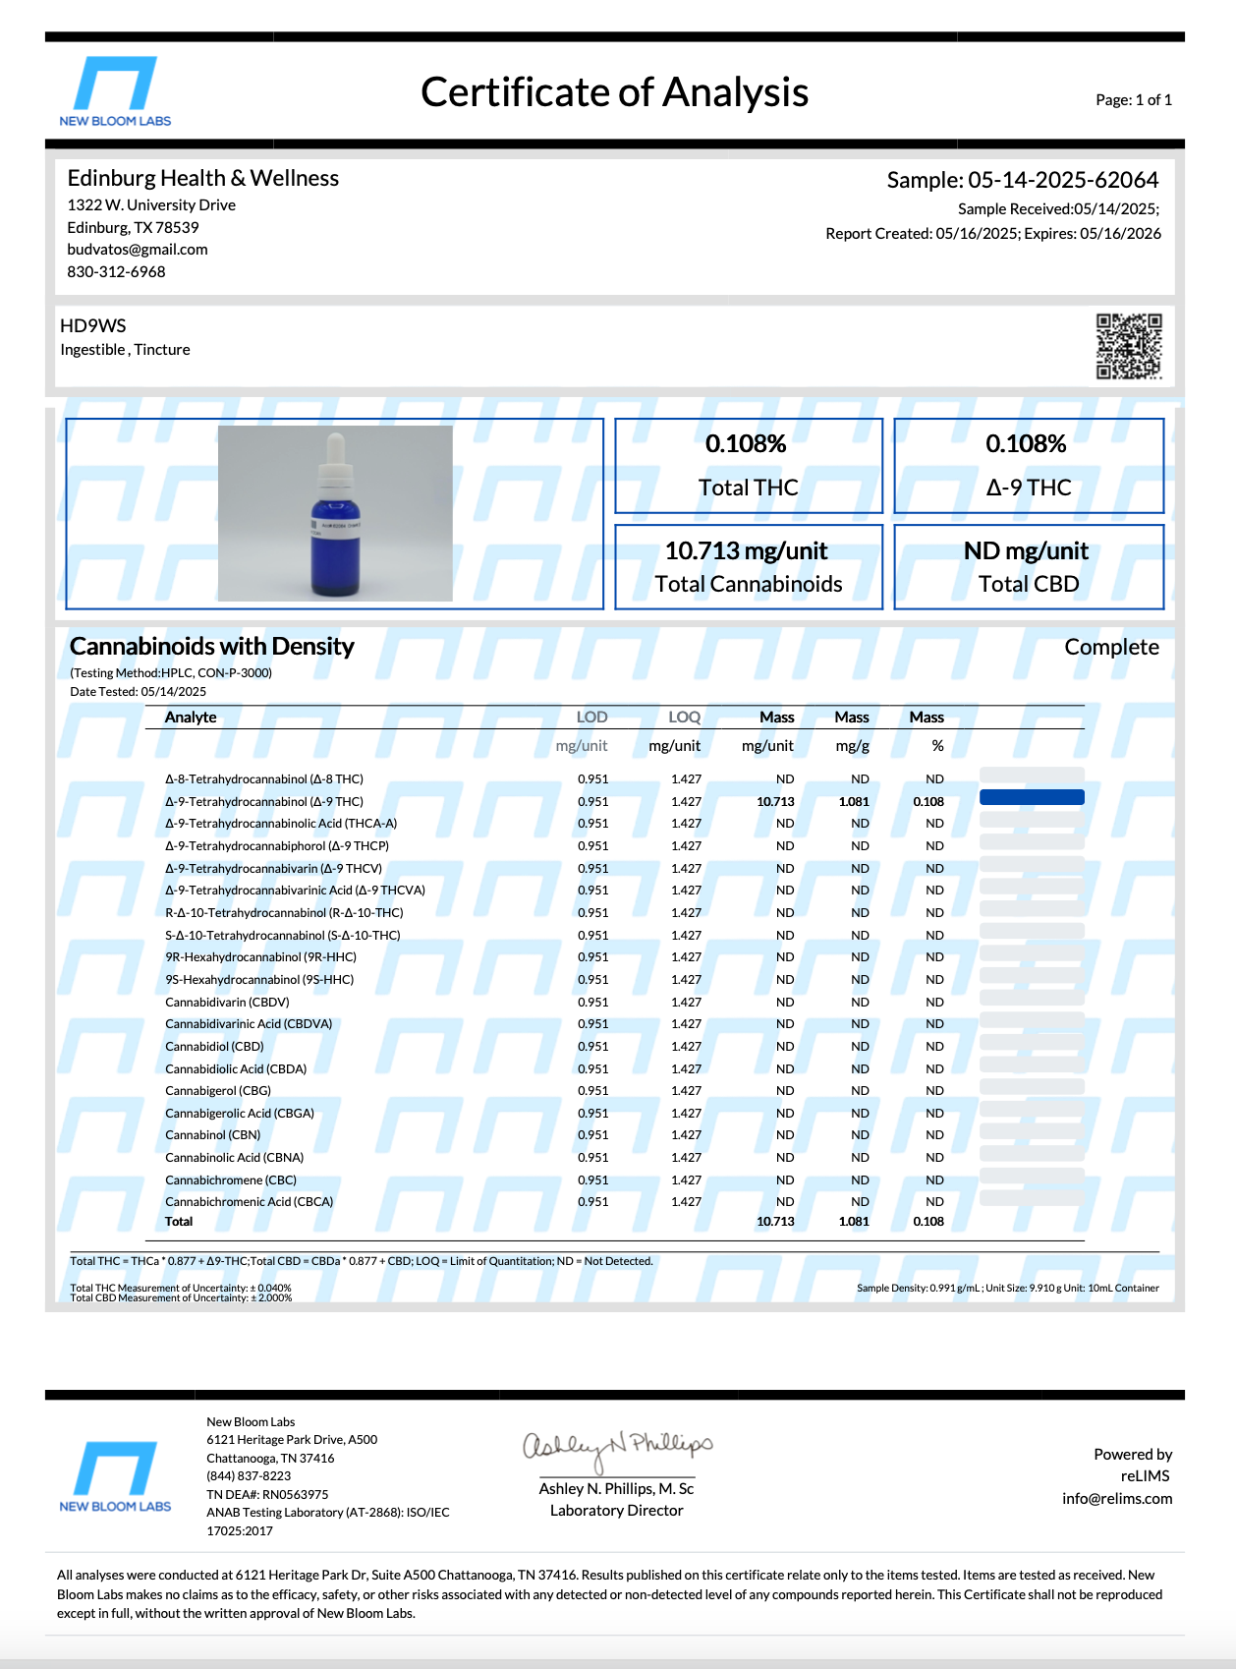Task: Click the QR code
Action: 1129,346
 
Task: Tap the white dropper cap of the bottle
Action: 335,462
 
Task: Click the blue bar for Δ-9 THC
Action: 1032,797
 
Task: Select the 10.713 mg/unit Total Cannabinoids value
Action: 747,551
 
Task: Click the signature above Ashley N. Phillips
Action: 617,1447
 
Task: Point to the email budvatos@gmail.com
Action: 138,250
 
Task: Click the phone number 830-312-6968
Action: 116,272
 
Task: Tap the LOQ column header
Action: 684,718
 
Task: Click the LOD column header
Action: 591,718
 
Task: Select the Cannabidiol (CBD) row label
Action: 214,1047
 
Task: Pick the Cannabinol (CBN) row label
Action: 212,1135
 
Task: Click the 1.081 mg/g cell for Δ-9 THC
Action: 853,802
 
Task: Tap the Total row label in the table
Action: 179,1222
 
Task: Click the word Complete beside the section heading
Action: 1111,648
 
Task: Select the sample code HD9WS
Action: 93,326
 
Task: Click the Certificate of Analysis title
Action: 614,92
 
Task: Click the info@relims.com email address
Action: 1116,1499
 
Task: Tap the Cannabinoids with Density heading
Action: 212,647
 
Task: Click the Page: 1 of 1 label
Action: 1133,100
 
